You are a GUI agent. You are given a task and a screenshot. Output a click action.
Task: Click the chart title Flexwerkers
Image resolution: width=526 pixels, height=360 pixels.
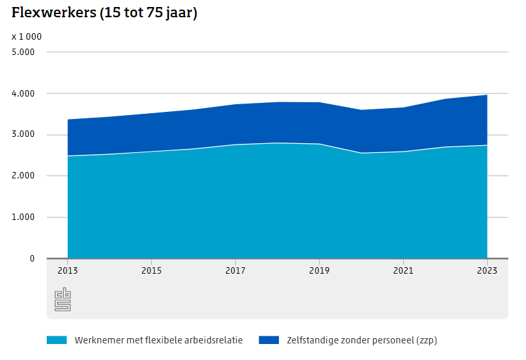point(104,13)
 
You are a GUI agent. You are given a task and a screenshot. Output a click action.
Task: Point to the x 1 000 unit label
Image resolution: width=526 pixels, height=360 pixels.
point(26,36)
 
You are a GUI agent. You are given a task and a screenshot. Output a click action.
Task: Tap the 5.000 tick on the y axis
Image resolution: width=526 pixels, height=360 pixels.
point(23,52)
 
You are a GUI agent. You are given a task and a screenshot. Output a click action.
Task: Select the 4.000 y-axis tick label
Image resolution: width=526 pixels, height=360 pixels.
point(23,93)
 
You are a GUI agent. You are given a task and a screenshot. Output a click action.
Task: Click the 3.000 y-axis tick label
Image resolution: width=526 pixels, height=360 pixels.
point(23,135)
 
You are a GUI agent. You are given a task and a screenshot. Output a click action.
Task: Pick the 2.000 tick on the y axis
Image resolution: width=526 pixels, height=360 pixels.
point(23,176)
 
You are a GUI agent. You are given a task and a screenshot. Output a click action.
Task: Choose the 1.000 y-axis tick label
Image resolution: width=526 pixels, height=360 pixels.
point(23,217)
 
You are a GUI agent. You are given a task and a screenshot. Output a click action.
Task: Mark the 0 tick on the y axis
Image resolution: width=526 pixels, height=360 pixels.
point(32,258)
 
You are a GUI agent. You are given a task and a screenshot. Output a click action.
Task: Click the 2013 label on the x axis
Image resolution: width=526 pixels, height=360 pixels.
point(67,270)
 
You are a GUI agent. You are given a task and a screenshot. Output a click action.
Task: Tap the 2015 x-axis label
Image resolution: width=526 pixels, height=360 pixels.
point(151,270)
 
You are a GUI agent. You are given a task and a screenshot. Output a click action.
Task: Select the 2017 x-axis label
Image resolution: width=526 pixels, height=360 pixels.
point(235,270)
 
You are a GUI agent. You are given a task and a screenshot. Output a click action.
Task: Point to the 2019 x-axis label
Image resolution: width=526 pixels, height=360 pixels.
point(319,270)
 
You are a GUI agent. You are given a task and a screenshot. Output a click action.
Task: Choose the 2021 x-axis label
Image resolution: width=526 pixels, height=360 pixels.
point(403,270)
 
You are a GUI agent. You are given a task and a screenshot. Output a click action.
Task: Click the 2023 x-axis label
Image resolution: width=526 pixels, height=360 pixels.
point(487,270)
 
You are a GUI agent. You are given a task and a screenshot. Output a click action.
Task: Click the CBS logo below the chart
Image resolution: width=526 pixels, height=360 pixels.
point(63,299)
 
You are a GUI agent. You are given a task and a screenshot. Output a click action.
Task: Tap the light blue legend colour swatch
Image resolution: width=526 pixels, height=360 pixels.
point(56,340)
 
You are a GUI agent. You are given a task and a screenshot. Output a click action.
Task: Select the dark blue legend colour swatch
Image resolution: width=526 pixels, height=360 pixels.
point(269,340)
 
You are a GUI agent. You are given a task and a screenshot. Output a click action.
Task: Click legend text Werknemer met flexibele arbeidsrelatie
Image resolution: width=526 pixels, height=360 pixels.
point(159,340)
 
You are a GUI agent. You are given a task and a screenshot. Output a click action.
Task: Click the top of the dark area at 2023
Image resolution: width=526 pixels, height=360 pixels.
point(487,95)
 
